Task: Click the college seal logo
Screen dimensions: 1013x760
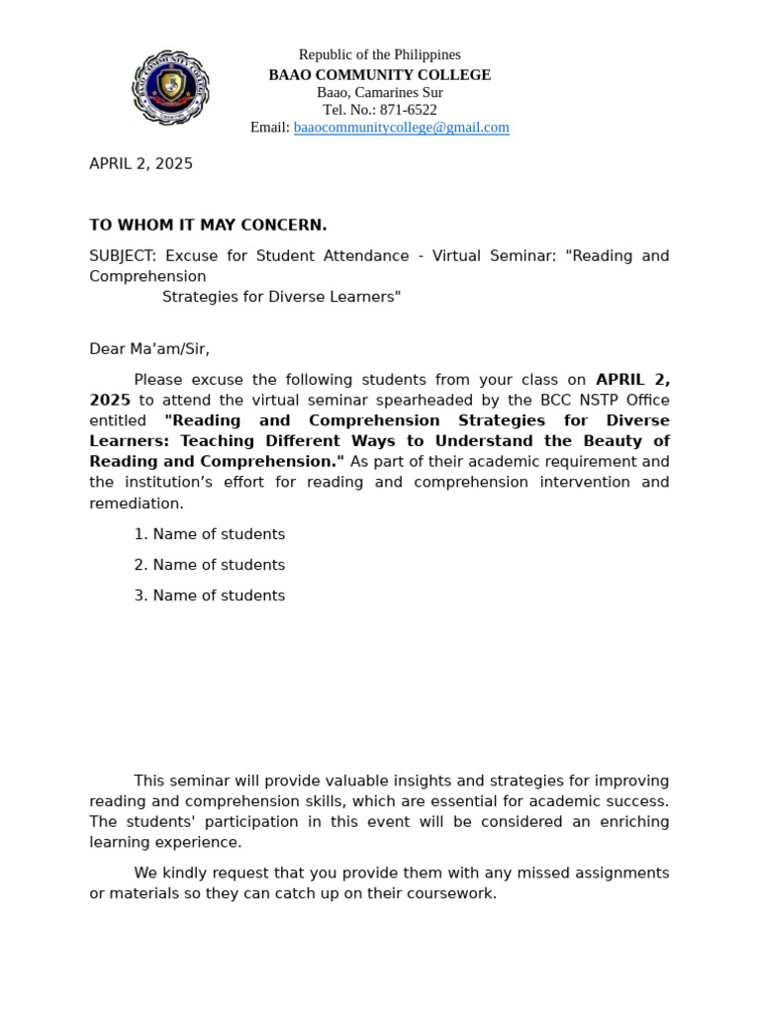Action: click(x=171, y=88)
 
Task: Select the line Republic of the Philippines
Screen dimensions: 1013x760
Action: click(x=379, y=54)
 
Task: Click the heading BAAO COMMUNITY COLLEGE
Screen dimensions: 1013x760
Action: click(x=379, y=75)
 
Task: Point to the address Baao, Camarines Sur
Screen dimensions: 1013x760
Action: click(x=379, y=92)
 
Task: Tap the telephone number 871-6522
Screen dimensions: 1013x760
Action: click(x=408, y=110)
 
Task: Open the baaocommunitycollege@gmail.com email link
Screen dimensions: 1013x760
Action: click(x=401, y=128)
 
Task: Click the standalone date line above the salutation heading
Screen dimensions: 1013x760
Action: click(x=141, y=164)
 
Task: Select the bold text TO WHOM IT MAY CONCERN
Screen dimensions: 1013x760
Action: click(x=208, y=226)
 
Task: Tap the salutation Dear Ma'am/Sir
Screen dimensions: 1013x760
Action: click(x=149, y=349)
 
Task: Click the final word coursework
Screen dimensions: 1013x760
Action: click(x=450, y=894)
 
